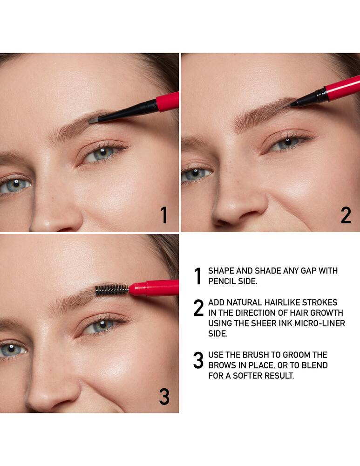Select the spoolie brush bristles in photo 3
(x=112, y=290)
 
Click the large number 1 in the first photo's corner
(x=163, y=215)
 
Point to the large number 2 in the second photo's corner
(x=346, y=215)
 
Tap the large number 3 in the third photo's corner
(x=164, y=396)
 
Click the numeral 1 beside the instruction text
(x=198, y=276)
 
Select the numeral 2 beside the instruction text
(x=198, y=308)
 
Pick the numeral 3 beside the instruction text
(x=198, y=361)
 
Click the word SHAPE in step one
(x=220, y=271)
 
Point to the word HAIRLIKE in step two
(x=281, y=303)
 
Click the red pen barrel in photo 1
(x=168, y=101)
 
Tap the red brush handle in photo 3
(x=154, y=288)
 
